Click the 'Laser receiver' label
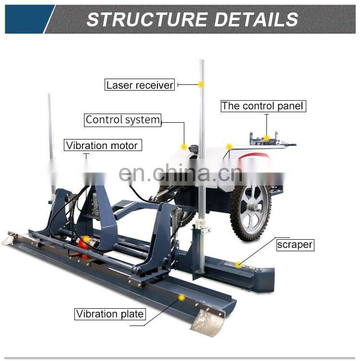(140, 85)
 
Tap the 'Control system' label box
(123, 120)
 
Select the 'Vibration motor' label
(102, 145)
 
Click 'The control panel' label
(263, 106)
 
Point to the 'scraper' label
(295, 245)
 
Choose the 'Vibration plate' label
(110, 314)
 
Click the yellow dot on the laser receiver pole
(201, 85)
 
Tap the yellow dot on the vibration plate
(181, 298)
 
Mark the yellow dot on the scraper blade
(239, 264)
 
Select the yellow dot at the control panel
(266, 138)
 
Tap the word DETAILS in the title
(256, 20)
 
